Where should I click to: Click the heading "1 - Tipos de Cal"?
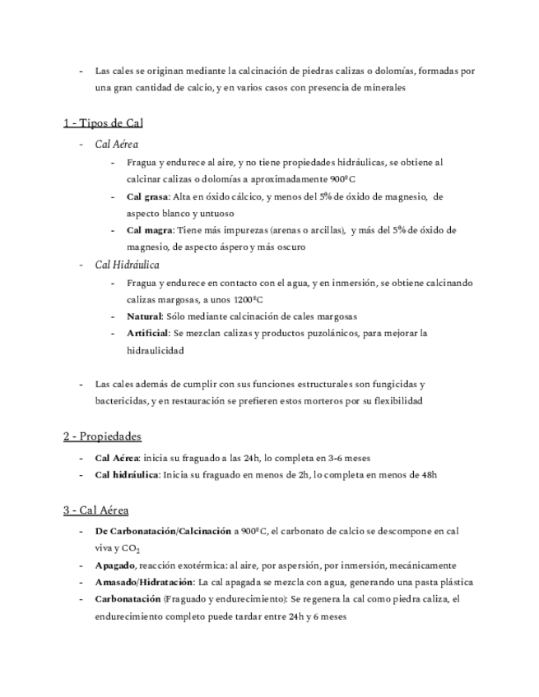(104, 123)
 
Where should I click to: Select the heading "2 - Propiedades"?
(103, 436)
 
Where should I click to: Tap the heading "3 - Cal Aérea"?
(95, 510)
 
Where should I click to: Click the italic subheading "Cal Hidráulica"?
(128, 265)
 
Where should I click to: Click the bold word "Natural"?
(145, 316)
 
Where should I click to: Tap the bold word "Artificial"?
(148, 334)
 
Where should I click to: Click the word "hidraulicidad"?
(156, 350)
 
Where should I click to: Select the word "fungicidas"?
(391, 384)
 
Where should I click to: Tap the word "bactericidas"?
(121, 401)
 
